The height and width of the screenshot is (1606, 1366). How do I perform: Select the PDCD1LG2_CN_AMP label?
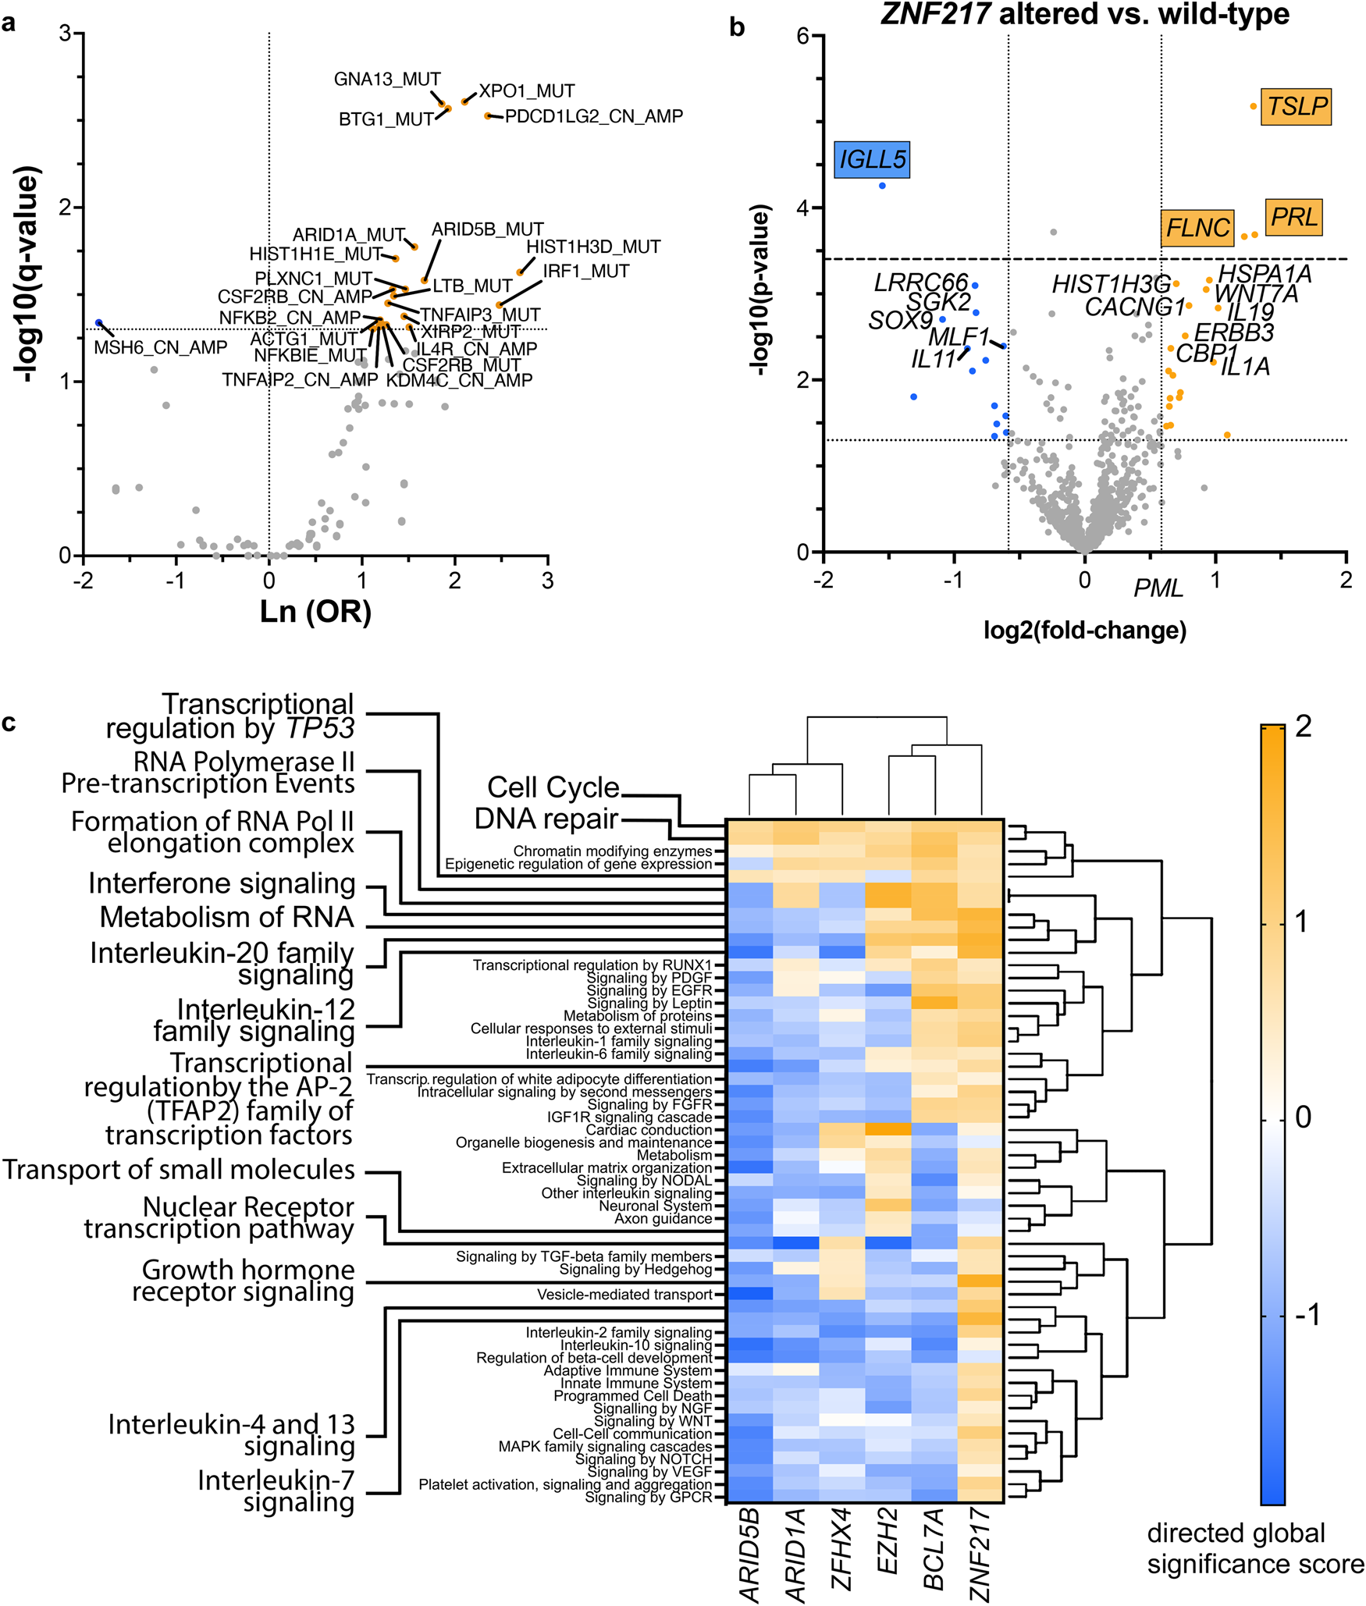coord(594,116)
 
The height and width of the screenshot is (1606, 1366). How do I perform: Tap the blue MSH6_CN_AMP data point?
coord(99,322)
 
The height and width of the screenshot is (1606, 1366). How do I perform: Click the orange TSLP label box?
coord(1297,106)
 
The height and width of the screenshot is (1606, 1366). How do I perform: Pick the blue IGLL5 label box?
coord(872,159)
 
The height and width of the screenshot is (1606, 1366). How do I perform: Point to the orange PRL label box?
coord(1293,217)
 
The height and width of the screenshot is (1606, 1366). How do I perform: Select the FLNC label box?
coord(1197,228)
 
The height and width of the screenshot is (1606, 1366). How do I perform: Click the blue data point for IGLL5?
coord(882,186)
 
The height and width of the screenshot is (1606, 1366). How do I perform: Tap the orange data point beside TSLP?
coord(1254,106)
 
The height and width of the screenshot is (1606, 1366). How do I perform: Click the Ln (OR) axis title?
coord(315,612)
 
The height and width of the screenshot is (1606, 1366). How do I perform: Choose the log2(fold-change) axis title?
coord(1084,630)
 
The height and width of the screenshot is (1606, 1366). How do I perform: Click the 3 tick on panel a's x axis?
coord(548,581)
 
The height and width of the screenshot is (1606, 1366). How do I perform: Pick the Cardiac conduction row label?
coord(649,1130)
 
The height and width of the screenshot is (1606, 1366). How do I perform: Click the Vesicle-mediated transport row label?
coord(624,1295)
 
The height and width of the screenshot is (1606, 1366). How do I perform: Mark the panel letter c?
coord(9,723)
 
